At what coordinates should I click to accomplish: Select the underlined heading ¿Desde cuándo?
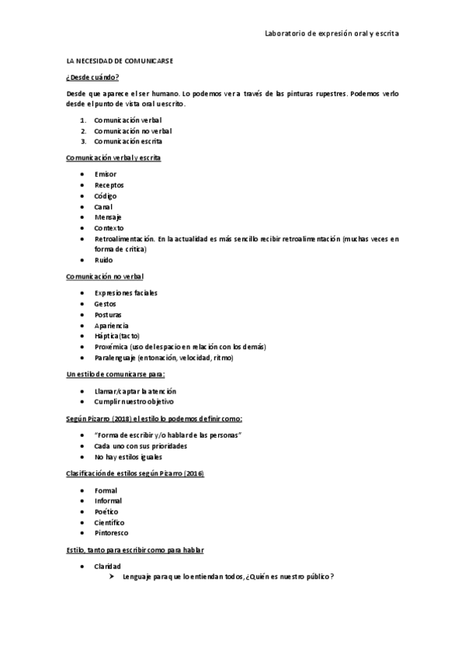[92, 77]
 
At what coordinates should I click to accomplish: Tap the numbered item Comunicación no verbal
[133, 131]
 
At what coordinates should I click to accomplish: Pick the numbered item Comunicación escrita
[128, 142]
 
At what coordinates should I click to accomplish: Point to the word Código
[106, 196]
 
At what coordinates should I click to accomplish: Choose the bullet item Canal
[103, 207]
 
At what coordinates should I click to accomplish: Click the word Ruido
[103, 260]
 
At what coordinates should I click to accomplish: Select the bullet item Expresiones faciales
[125, 293]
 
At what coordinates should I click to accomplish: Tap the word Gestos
[105, 303]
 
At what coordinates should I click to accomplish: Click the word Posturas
[108, 315]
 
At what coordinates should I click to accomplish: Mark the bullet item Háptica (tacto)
[117, 336]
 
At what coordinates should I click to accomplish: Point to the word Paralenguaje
[116, 358]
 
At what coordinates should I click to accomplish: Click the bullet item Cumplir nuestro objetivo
[134, 402]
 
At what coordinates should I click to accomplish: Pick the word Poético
[106, 512]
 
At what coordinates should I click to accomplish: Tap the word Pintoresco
[111, 533]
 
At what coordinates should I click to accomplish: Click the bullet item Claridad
[108, 566]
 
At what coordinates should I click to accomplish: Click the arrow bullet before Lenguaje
[113, 577]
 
